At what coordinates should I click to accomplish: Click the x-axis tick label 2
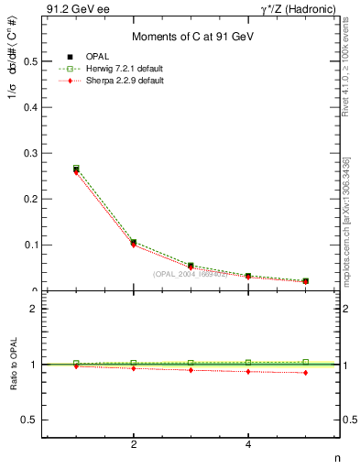[134, 446]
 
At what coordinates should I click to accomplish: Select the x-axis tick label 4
[248, 446]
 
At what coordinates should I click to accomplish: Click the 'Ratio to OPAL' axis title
[12, 365]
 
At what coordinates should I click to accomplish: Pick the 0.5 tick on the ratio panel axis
[30, 420]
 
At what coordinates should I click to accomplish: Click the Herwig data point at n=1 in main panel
[76, 168]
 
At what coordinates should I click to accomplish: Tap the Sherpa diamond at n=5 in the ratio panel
[305, 373]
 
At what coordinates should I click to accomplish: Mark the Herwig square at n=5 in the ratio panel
[305, 362]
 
